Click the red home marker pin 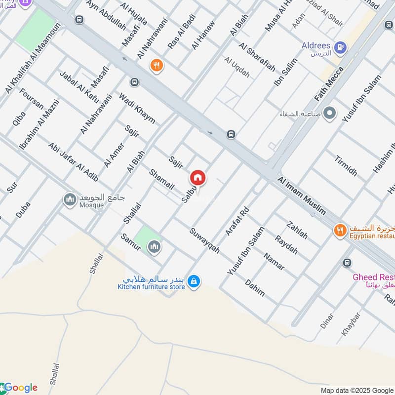tap(198, 178)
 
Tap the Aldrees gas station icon tap(340, 48)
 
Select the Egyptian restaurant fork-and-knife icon tap(339, 230)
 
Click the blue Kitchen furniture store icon tap(195, 281)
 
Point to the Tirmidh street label tap(345, 165)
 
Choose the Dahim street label tap(255, 288)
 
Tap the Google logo tap(20, 388)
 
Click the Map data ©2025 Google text tap(356, 390)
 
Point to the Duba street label tap(23, 209)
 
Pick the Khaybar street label tap(351, 324)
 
